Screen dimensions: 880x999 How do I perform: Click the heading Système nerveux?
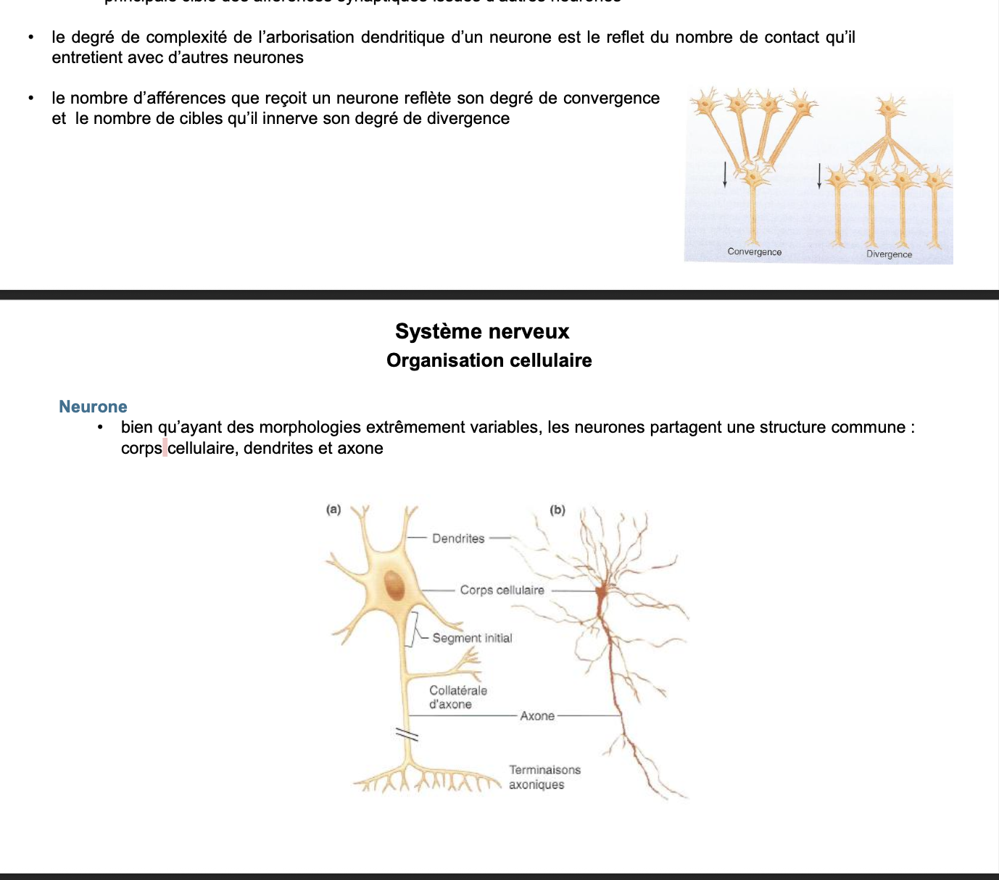482,331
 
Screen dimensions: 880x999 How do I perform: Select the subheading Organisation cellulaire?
489,360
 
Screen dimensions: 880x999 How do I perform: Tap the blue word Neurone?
93,407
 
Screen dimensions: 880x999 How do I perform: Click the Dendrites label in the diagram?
458,539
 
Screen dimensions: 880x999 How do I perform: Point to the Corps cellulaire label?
502,590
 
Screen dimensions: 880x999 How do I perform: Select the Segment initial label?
472,638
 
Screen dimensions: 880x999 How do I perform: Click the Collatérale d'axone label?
457,697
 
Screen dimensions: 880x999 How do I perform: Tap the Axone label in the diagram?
537,716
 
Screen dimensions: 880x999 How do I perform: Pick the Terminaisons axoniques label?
544,777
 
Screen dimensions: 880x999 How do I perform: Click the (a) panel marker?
333,510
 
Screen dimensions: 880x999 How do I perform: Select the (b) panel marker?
557,510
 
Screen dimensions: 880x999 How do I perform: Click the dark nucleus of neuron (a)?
394,586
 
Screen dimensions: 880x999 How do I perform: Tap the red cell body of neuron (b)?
602,594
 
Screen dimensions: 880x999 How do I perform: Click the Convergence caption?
754,252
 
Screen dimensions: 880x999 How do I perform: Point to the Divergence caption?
889,254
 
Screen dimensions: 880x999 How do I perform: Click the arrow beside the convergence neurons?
725,174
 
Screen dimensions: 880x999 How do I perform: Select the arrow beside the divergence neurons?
819,175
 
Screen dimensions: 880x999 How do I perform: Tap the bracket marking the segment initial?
415,628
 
